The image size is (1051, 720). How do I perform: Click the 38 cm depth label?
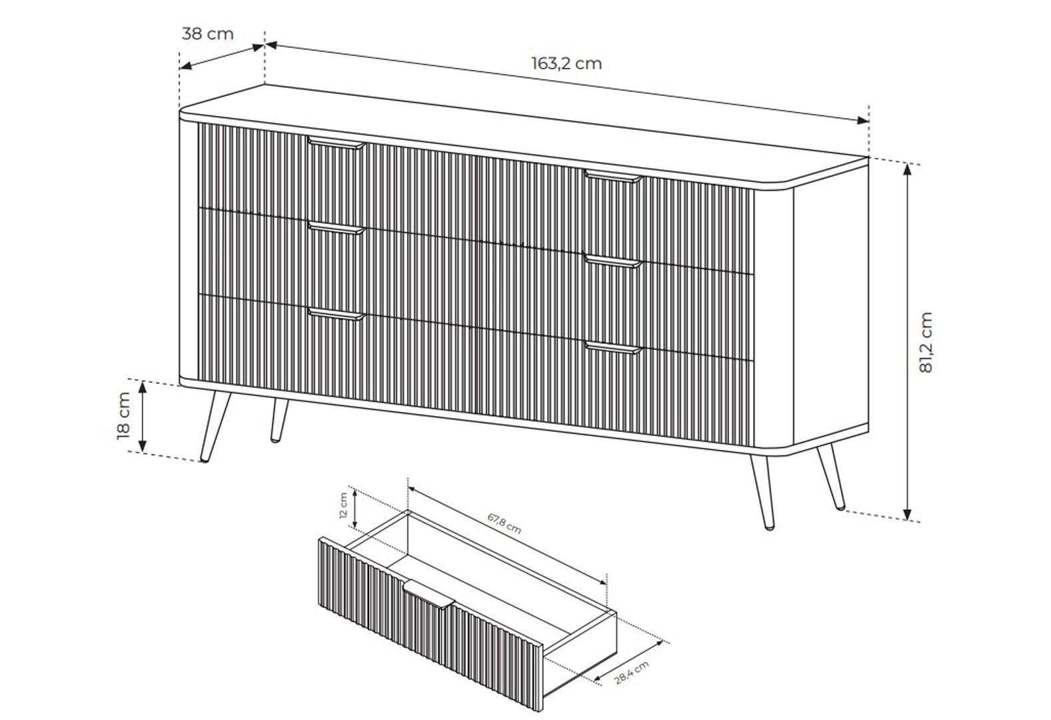coord(207,34)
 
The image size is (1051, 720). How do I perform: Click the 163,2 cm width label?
coord(566,63)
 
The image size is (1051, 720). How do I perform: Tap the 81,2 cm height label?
coord(925,342)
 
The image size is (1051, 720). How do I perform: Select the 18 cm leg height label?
coord(123,416)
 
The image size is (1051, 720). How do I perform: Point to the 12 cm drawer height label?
coord(343,505)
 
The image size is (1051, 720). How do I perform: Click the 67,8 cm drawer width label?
coord(504,523)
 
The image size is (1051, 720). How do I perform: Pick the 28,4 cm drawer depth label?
coord(632,672)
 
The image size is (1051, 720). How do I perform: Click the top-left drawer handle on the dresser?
coord(337,143)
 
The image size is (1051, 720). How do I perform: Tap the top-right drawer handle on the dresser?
coord(612,177)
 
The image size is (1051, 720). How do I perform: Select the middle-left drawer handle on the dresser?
coord(337,228)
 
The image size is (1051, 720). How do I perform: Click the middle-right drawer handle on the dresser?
coord(612,261)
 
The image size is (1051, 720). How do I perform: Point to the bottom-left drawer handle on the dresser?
coord(337,315)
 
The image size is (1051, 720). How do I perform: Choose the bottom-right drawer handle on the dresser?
coord(612,348)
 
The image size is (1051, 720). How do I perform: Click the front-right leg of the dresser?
coord(762,493)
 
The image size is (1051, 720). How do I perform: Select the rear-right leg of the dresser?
coord(832,477)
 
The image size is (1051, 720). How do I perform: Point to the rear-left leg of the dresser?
coord(279,421)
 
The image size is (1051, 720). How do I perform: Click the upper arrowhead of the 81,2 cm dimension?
coord(908,169)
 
